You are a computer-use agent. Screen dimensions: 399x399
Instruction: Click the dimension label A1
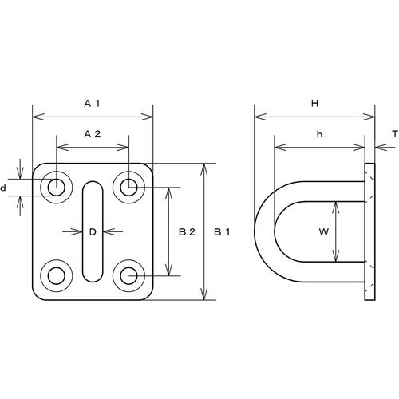(x=92, y=103)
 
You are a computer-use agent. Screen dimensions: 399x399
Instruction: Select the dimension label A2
(x=92, y=134)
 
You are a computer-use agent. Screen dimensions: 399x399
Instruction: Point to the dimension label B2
(x=187, y=232)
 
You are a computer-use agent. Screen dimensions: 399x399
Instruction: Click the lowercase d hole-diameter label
(x=5, y=188)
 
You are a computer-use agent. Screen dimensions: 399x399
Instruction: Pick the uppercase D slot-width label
(x=93, y=232)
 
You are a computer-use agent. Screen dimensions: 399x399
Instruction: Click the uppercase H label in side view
(x=314, y=103)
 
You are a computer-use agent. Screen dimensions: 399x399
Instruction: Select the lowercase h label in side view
(x=318, y=134)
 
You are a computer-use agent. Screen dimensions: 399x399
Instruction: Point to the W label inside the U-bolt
(x=323, y=232)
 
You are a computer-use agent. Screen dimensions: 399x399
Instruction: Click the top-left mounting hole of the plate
(x=57, y=188)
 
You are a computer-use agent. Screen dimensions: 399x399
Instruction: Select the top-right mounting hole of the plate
(x=128, y=188)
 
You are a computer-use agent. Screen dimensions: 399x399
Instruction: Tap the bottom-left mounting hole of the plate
(x=57, y=276)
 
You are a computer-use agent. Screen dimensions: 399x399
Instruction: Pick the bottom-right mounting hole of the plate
(x=128, y=276)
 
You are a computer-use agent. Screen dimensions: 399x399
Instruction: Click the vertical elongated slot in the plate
(x=93, y=231)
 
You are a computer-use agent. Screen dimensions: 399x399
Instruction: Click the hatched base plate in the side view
(x=369, y=231)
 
